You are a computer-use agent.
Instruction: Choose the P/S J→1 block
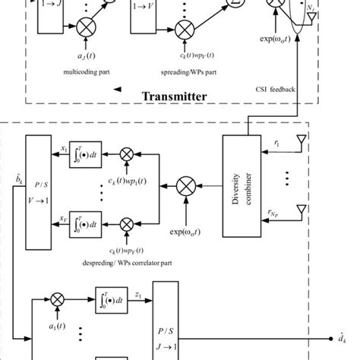tap(168, 324)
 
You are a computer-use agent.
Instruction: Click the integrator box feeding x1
tap(84, 152)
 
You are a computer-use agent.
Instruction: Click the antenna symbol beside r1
tap(302, 144)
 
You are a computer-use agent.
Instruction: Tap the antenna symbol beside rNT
tap(302, 209)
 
